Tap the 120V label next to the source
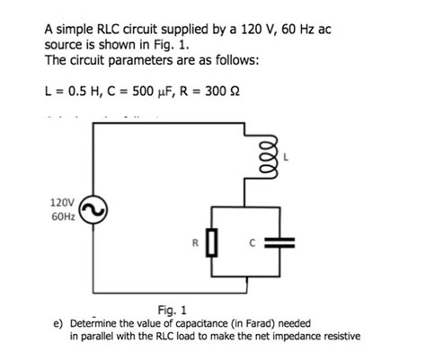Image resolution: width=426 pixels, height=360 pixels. pyautogui.click(x=64, y=203)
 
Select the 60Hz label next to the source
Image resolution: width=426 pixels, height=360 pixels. pyautogui.click(x=64, y=218)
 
